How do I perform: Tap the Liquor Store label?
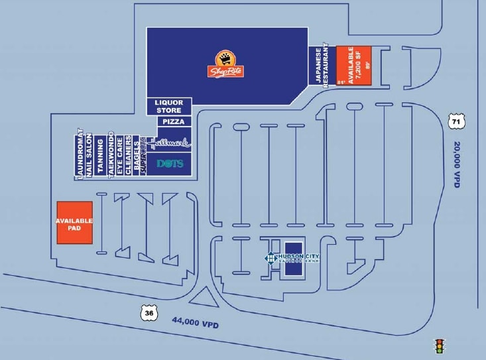tap(168, 106)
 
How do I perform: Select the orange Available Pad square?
tap(74, 223)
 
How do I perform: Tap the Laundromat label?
tap(79, 154)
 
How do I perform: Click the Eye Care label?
tap(120, 156)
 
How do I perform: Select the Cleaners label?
tap(129, 156)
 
